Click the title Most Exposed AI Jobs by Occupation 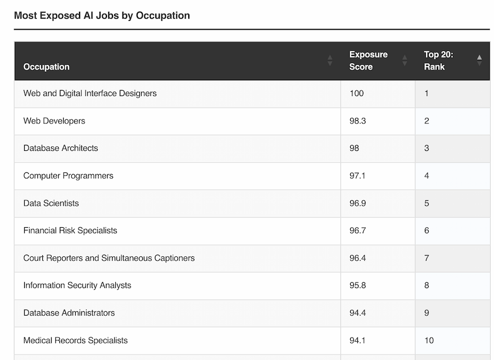pyautogui.click(x=102, y=15)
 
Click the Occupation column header pyautogui.click(x=47, y=67)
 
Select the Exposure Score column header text pyautogui.click(x=368, y=60)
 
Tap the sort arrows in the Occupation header pyautogui.click(x=330, y=60)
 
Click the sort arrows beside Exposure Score pyautogui.click(x=405, y=60)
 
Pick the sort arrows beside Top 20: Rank pyautogui.click(x=479, y=60)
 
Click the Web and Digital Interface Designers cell pyautogui.click(x=90, y=93)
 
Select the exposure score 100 pyautogui.click(x=357, y=93)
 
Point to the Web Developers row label pyautogui.click(x=54, y=121)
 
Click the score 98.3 pyautogui.click(x=358, y=121)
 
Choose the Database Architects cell pyautogui.click(x=61, y=148)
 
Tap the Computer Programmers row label pyautogui.click(x=69, y=176)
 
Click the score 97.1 pyautogui.click(x=358, y=176)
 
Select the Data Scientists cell pyautogui.click(x=51, y=203)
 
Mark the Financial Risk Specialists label pyautogui.click(x=70, y=230)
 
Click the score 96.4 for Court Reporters pyautogui.click(x=358, y=258)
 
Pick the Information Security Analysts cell pyautogui.click(x=77, y=285)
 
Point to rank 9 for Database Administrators pyautogui.click(x=427, y=313)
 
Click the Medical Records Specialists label pyautogui.click(x=76, y=340)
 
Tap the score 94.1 pyautogui.click(x=358, y=340)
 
